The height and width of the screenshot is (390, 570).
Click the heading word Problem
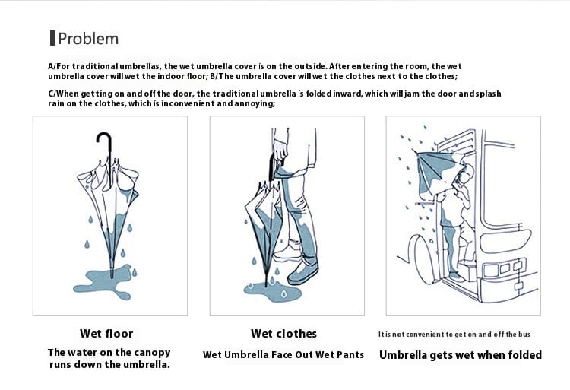point(88,39)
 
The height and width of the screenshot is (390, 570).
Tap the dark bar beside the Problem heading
point(52,38)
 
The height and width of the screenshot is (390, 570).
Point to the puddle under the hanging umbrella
point(104,282)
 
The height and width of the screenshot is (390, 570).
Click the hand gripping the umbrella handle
point(280,150)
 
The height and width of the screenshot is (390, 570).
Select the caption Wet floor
point(106,333)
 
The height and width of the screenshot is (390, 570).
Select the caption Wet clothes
point(284,333)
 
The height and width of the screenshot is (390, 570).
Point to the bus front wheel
point(423,258)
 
